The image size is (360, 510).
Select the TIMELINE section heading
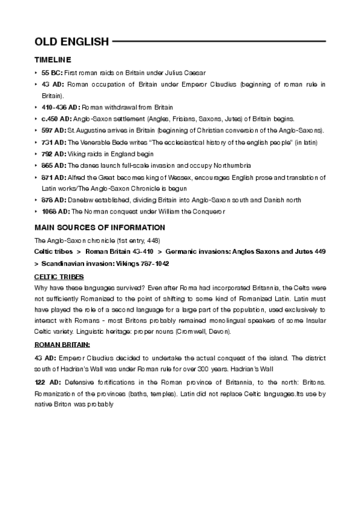53,60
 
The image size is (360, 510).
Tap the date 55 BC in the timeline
52,72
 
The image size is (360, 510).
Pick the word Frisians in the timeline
196,118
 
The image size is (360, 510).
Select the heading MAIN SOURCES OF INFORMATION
99,227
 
